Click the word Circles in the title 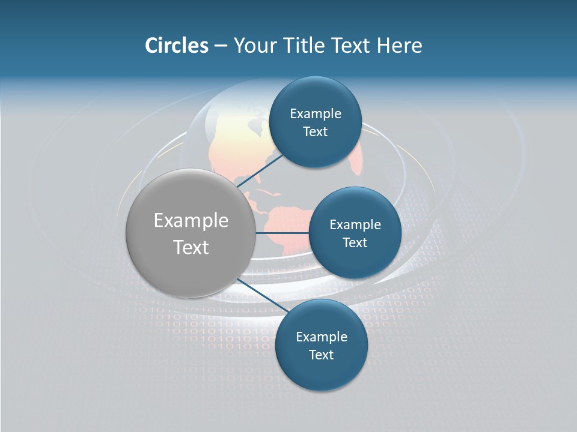pyautogui.click(x=176, y=46)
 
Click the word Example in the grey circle pyautogui.click(x=191, y=221)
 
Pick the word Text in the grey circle pyautogui.click(x=191, y=247)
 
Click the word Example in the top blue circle pyautogui.click(x=315, y=114)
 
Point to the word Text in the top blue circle pyautogui.click(x=315, y=132)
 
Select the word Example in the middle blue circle pyautogui.click(x=355, y=225)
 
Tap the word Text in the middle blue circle pyautogui.click(x=355, y=243)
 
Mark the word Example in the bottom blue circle pyautogui.click(x=321, y=337)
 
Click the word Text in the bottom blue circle pyautogui.click(x=321, y=355)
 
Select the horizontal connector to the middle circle pyautogui.click(x=282, y=233)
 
